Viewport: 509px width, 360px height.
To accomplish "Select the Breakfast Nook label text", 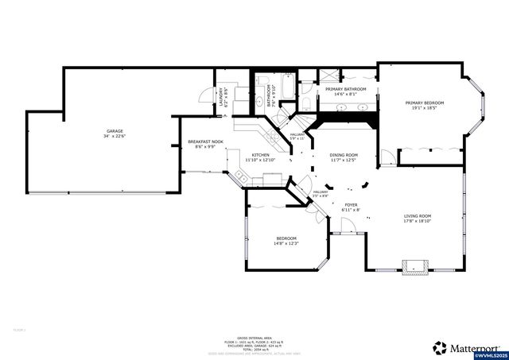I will click(x=205, y=144).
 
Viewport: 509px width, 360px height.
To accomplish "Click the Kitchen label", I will click(x=260, y=157).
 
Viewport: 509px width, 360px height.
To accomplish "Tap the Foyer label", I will click(x=350, y=207).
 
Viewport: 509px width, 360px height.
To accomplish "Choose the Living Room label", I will click(x=417, y=219).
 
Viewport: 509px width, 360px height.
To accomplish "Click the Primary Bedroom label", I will click(x=424, y=106).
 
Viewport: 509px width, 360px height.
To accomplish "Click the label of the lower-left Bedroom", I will click(x=286, y=241).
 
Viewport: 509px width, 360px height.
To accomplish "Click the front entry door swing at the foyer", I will click(x=344, y=230).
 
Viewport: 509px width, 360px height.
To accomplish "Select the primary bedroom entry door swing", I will click(x=387, y=157).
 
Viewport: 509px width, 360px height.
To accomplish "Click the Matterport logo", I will click(x=467, y=347).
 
